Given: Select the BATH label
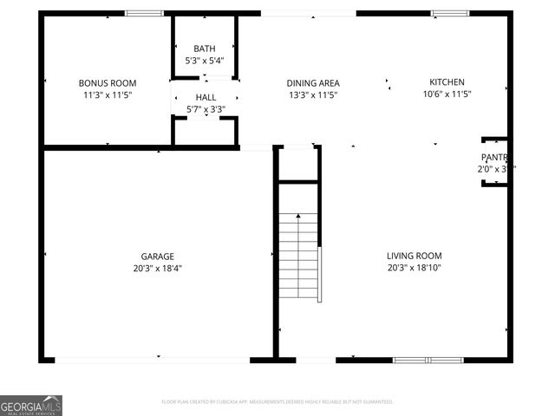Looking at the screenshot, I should point(205,49).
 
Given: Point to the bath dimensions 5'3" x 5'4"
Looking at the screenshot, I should point(205,61).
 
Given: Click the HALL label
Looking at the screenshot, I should point(206,97).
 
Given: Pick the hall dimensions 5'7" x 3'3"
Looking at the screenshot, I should point(206,109).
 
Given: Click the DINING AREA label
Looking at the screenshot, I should point(312,82).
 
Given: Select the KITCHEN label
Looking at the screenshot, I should point(447,81).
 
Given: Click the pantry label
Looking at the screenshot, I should point(494,157).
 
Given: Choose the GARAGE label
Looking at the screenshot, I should point(158,256).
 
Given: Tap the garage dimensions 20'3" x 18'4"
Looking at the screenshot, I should point(158,268).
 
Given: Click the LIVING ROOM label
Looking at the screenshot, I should point(415,256).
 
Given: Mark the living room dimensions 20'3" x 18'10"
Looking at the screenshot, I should point(415,268).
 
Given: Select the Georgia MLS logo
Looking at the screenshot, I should point(31,405).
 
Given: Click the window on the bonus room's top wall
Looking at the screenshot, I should point(144,13).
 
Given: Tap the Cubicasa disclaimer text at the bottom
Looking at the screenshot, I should point(277,402).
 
